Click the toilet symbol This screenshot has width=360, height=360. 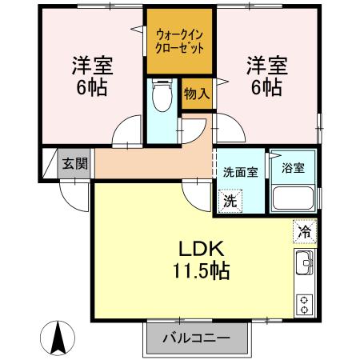pos(162,95)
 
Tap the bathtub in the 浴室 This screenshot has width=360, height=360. pos(293,198)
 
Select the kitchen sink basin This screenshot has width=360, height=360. pos(304,262)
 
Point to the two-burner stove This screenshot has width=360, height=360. pos(304,305)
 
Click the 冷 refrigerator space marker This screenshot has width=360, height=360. pos(305,231)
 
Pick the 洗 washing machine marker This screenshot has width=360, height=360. pos(230,201)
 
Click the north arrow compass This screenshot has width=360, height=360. pos(58,338)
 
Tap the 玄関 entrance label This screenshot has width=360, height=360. pos(75,163)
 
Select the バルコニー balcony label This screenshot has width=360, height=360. pos(196,338)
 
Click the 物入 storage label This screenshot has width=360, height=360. pos(197,94)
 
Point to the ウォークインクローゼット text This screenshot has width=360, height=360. pos(179,42)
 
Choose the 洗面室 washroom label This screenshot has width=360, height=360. pos(241,172)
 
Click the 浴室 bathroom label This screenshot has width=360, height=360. pos(293,168)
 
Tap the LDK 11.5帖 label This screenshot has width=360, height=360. pos(202,259)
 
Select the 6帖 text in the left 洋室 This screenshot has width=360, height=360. pos(92,88)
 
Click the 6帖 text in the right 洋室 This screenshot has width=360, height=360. pos(266,87)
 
